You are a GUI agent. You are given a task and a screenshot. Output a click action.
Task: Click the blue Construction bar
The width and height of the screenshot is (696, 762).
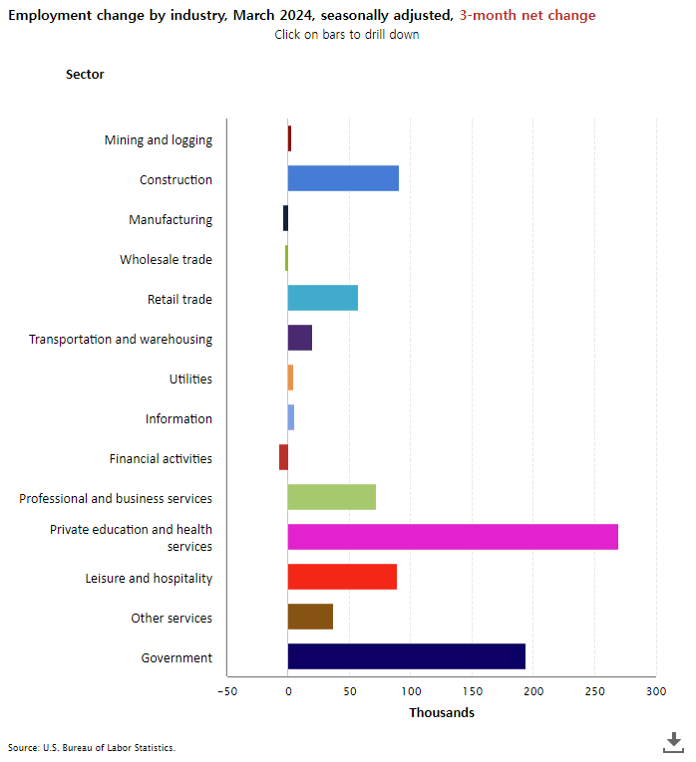(343, 178)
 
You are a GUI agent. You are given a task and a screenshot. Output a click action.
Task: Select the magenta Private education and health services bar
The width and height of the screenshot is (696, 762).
(453, 537)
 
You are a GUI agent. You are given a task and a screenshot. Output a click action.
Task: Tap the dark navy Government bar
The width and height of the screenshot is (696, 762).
(406, 656)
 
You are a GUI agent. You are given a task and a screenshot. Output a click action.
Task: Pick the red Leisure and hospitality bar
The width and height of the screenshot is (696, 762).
(342, 577)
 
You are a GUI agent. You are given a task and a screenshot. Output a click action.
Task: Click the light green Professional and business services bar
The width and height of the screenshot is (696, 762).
(331, 497)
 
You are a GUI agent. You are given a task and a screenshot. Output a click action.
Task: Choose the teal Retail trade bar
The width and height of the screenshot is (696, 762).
(322, 298)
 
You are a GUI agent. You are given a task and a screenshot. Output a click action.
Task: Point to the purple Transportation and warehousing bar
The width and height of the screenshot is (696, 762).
(299, 338)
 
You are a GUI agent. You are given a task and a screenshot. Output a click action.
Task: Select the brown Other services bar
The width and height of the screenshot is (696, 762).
(310, 617)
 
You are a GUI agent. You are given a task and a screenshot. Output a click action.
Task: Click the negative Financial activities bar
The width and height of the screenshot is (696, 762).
(283, 457)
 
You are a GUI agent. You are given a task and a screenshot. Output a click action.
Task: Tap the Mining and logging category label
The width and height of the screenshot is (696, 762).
(158, 140)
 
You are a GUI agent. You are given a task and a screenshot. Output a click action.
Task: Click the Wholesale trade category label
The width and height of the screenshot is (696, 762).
(166, 260)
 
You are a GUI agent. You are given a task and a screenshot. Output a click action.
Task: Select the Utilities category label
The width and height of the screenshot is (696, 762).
(190, 380)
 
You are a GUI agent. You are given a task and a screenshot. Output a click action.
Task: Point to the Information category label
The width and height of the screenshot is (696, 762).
(178, 419)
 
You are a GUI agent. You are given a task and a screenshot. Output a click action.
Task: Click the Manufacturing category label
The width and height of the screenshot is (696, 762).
(170, 220)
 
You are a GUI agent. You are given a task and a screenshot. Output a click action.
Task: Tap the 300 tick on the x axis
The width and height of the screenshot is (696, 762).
(655, 691)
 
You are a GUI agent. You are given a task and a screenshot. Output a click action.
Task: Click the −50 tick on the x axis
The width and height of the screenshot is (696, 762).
(226, 691)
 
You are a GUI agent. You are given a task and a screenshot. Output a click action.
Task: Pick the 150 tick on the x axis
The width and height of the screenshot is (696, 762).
(472, 691)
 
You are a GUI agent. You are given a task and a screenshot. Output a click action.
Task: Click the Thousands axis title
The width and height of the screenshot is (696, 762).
(441, 713)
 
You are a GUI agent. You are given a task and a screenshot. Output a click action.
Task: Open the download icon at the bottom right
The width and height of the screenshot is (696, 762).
(673, 742)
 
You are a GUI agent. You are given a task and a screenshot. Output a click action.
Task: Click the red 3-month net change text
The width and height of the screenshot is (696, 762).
(527, 15)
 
